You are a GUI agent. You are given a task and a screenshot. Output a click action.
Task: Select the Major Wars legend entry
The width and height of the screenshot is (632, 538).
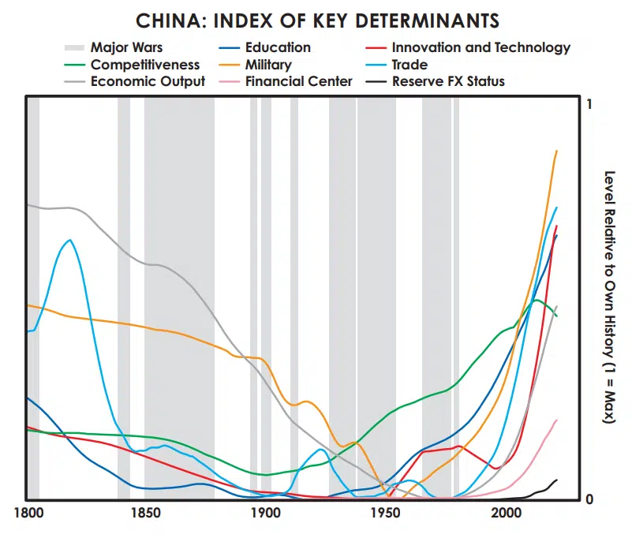point(126,47)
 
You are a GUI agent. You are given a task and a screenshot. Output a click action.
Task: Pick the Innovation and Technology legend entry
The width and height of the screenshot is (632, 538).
point(481,47)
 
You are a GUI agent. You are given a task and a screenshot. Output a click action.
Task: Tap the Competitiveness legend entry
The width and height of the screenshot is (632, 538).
point(145,65)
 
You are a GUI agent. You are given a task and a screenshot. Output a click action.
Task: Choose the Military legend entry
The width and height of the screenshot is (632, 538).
point(268,65)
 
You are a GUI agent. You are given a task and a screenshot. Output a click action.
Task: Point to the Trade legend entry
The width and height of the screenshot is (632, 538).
point(409,65)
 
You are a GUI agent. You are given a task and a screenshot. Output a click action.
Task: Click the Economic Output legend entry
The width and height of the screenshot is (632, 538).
point(148,81)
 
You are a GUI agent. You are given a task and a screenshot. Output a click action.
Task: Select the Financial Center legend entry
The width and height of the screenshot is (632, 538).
point(299,81)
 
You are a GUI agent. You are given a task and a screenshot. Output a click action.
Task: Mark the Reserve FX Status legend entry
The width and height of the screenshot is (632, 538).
point(448,81)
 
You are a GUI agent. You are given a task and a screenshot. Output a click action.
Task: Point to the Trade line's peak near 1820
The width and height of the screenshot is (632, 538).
point(70,240)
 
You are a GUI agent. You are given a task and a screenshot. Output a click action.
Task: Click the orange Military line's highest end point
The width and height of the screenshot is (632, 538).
point(557,151)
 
